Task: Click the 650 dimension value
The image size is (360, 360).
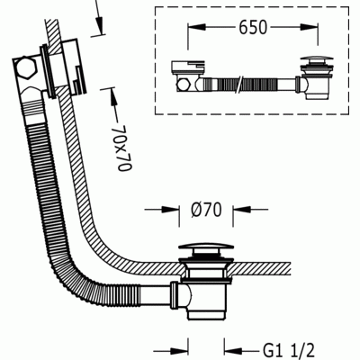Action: click(x=253, y=28)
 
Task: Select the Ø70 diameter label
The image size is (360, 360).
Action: click(x=206, y=210)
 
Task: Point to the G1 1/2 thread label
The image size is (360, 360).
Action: click(x=289, y=350)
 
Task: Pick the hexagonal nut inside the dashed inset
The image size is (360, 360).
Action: click(x=183, y=85)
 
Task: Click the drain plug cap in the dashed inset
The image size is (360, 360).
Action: click(x=317, y=58)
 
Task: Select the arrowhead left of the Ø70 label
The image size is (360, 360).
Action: click(x=170, y=210)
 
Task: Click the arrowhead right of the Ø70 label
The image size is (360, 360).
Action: click(x=242, y=210)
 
